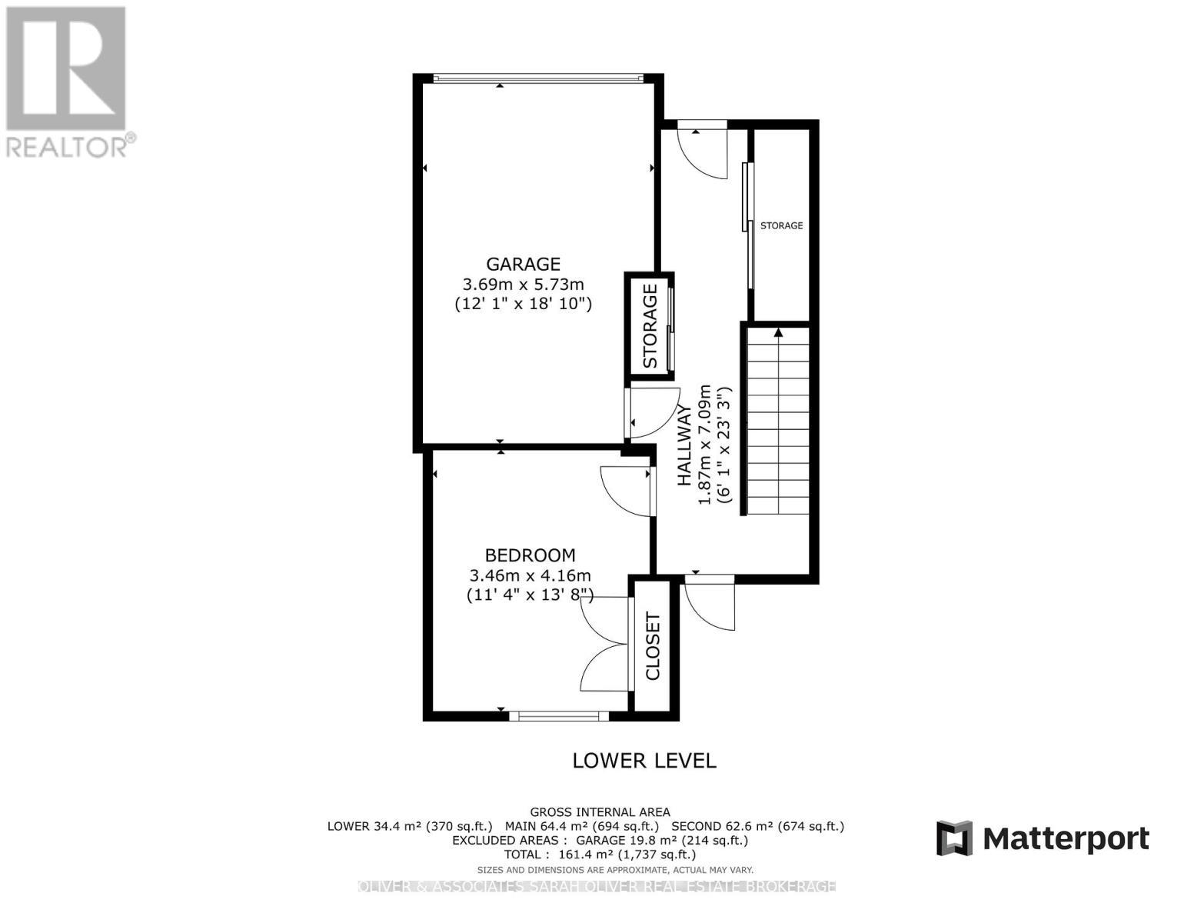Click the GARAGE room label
[x=523, y=265]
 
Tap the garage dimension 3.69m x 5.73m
[x=523, y=284]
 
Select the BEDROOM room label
[x=530, y=555]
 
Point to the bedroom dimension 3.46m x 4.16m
[x=530, y=575]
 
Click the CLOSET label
[x=653, y=646]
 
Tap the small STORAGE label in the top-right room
[x=781, y=225]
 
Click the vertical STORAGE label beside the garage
[x=650, y=326]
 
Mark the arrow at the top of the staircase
[x=778, y=333]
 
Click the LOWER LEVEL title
[x=644, y=761]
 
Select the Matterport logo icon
[x=954, y=838]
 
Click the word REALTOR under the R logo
[x=68, y=147]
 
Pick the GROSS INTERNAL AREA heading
[x=600, y=812]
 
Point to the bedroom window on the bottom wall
[x=559, y=716]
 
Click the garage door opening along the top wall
[x=537, y=78]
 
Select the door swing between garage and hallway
[x=654, y=414]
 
